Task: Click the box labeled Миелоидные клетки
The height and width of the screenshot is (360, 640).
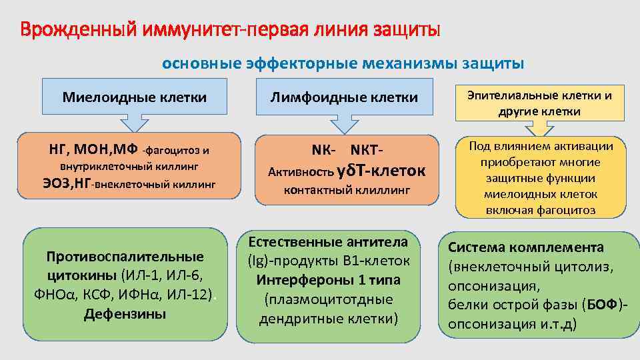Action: point(135,97)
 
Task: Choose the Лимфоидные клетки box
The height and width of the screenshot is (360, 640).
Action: point(344,97)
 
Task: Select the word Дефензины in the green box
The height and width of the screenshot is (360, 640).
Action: point(125,314)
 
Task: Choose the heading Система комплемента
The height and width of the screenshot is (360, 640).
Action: point(525,247)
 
